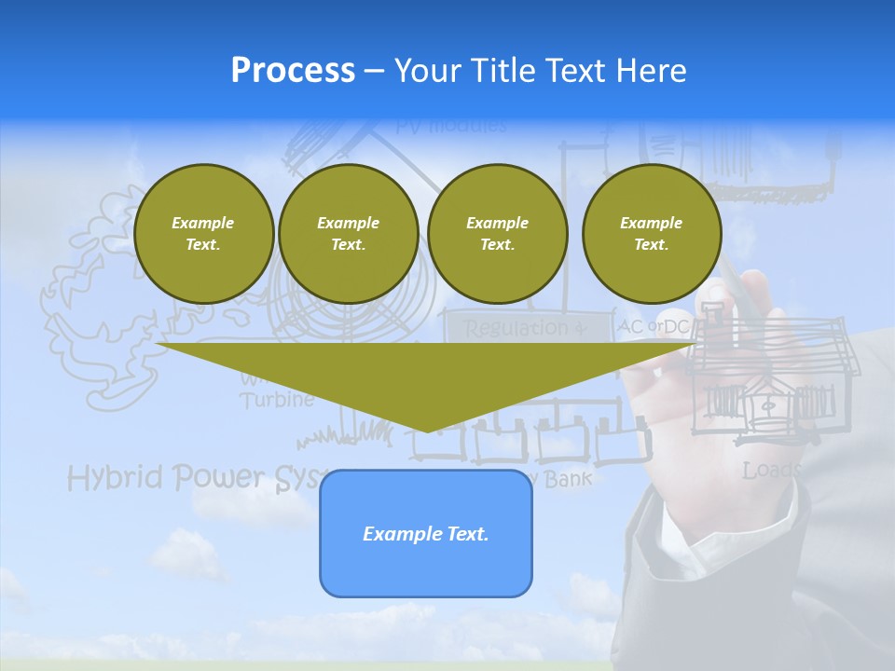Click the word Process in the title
tap(293, 71)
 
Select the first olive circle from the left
tap(203, 234)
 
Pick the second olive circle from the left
tap(348, 234)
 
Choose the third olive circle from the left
tap(497, 234)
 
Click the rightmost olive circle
tap(651, 234)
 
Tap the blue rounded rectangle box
tap(425, 533)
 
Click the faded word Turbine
tap(276, 401)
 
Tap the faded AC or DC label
tap(653, 327)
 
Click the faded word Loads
tap(771, 471)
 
